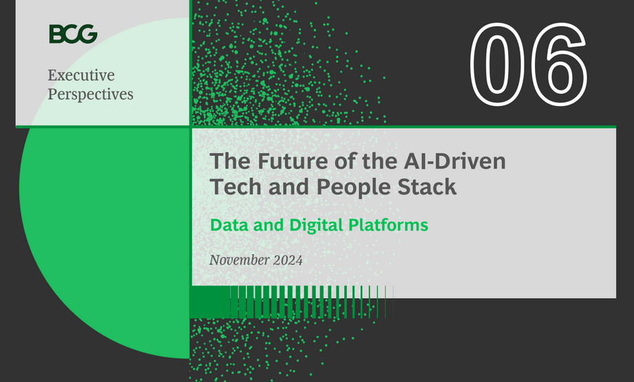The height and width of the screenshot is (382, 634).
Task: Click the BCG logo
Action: click(73, 34)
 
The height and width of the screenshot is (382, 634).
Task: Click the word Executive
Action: click(81, 75)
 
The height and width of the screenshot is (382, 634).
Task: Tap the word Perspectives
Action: click(90, 94)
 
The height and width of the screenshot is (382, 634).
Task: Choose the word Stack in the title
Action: click(427, 187)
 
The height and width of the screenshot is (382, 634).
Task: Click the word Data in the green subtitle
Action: click(229, 224)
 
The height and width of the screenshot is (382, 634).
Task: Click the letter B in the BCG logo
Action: click(56, 34)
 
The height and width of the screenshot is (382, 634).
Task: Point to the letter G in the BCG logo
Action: click(88, 34)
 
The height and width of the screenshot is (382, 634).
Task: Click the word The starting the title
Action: click(230, 162)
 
